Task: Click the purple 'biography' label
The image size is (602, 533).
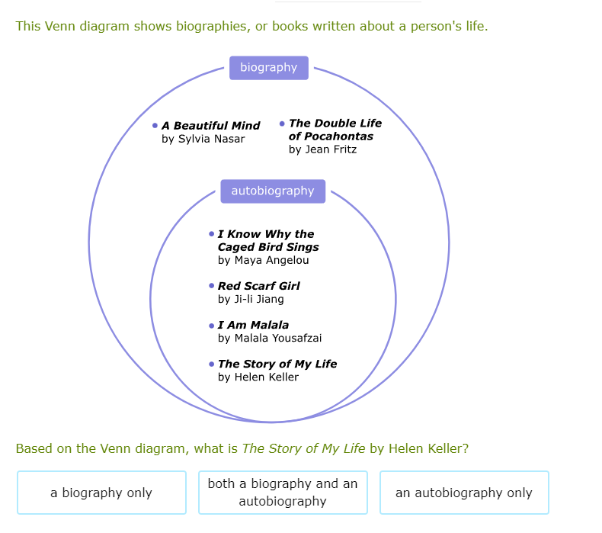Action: (268, 68)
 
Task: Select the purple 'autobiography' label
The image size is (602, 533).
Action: (273, 191)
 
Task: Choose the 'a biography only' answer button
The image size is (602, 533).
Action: (101, 493)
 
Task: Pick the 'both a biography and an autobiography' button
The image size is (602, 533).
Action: (283, 493)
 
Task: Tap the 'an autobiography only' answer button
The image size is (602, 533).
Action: (463, 493)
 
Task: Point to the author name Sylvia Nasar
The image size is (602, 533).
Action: (203, 139)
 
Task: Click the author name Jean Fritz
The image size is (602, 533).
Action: (322, 149)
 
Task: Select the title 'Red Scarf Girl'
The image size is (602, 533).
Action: (258, 286)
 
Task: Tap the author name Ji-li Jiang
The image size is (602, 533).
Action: (251, 299)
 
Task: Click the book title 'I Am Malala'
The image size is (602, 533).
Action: (253, 325)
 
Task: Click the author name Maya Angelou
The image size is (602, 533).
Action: (263, 260)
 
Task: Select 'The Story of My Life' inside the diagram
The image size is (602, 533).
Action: (277, 364)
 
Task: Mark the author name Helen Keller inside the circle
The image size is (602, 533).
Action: (258, 377)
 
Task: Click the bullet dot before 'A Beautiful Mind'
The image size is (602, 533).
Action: (155, 125)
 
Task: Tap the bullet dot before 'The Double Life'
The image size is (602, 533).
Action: (282, 123)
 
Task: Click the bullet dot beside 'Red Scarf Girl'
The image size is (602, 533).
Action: (211, 285)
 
